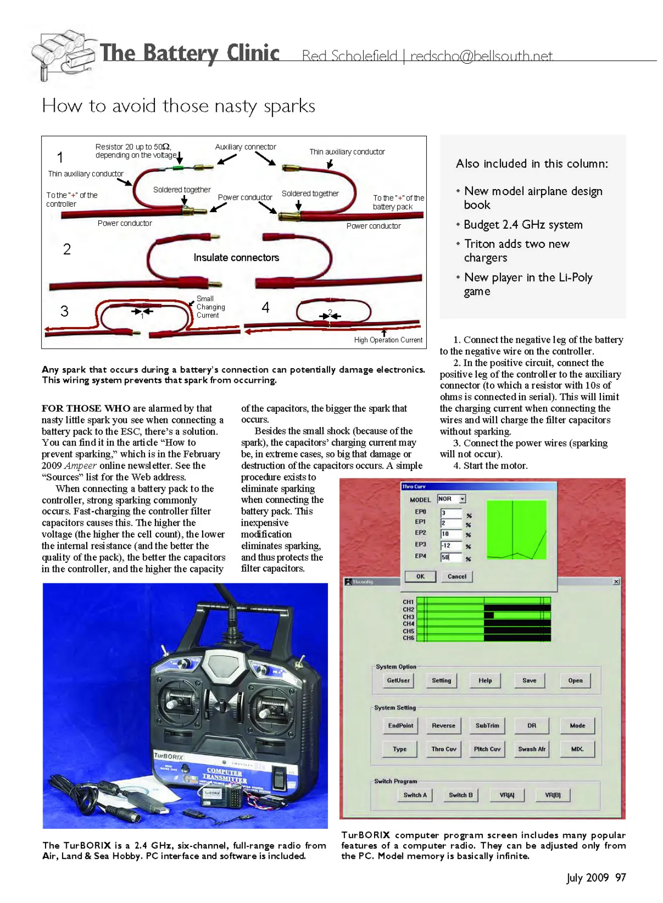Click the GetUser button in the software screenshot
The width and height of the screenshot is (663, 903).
398,681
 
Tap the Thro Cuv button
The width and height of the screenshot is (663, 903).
444,749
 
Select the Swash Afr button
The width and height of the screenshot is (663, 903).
532,749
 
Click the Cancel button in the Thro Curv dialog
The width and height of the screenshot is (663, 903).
457,576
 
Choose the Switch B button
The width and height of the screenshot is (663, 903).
460,795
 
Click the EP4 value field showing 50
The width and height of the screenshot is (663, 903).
450,557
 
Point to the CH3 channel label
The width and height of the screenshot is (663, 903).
408,617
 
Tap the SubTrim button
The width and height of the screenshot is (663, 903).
487,725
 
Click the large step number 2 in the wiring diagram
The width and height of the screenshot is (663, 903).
67,249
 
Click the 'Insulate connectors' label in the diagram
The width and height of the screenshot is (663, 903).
236,258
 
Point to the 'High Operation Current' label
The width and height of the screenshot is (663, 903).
388,340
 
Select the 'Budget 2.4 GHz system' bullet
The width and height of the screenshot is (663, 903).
523,225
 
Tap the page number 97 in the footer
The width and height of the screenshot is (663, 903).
621,877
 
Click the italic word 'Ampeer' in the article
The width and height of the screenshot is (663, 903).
80,466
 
